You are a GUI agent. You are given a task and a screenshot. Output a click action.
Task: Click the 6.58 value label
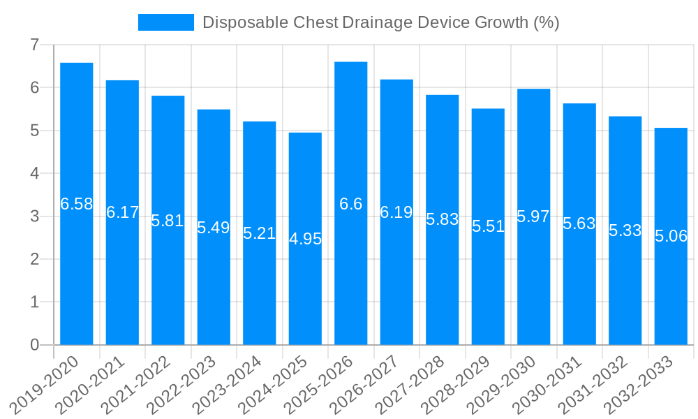[77, 204]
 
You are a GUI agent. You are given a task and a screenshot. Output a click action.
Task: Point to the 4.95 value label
[305, 239]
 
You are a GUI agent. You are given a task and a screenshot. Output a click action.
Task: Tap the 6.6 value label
[350, 204]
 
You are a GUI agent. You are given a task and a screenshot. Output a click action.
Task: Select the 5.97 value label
[533, 216]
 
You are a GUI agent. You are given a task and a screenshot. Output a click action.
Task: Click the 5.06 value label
[671, 236]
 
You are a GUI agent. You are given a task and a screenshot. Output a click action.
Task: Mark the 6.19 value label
[396, 212]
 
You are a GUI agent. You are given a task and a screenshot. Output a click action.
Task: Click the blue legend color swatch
[166, 22]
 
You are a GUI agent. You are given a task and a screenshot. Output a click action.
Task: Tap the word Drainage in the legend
[377, 22]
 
